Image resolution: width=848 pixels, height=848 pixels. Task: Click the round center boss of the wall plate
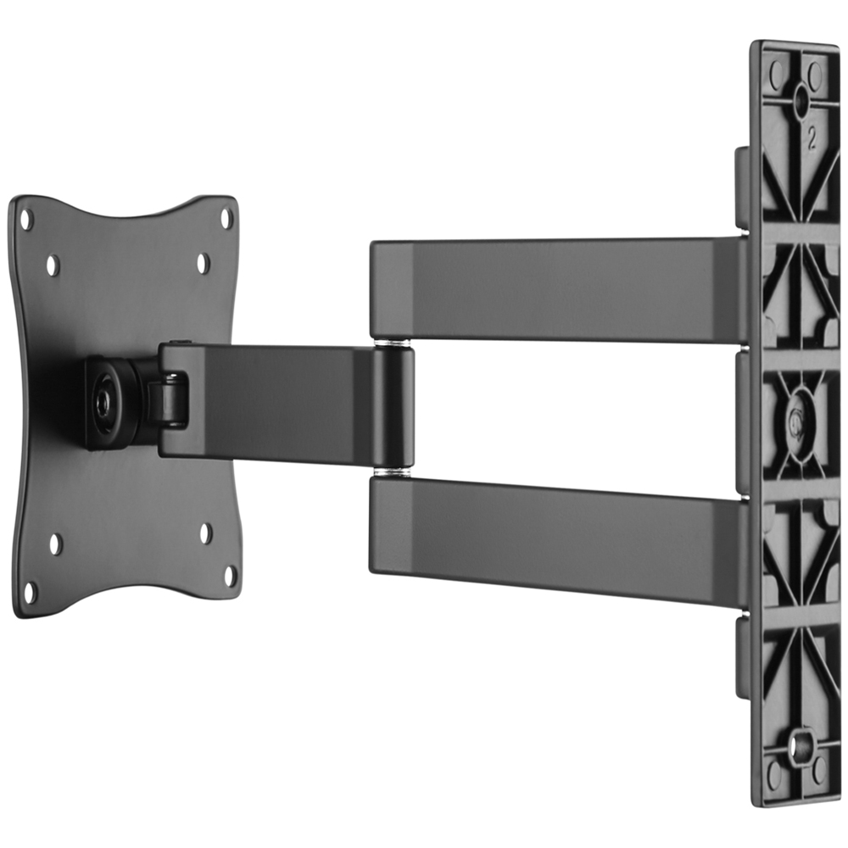coord(797,417)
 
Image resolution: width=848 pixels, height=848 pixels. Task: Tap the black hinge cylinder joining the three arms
coord(395,405)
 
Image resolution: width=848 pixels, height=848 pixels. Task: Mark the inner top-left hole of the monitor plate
coord(53,266)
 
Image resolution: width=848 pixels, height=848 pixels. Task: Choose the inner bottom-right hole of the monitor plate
coord(205,533)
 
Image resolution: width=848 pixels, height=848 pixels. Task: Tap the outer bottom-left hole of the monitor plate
coord(31,590)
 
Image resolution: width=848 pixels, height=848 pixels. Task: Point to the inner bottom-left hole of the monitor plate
coord(55,543)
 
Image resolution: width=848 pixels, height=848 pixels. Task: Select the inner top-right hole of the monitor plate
coord(203,263)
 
